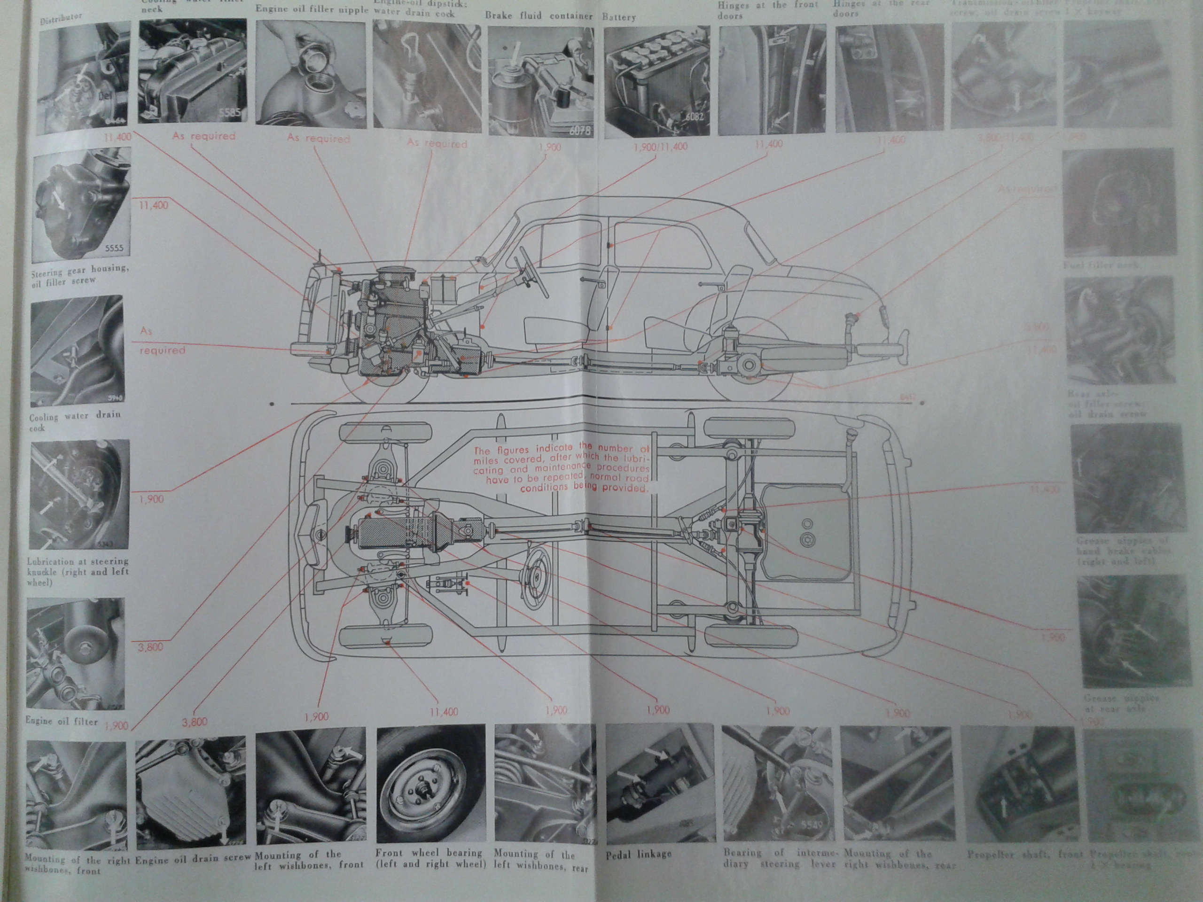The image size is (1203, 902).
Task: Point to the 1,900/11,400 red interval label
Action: coord(660,147)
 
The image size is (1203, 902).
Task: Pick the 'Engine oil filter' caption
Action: coord(62,721)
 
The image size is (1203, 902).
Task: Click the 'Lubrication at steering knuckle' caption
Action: coord(77,571)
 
